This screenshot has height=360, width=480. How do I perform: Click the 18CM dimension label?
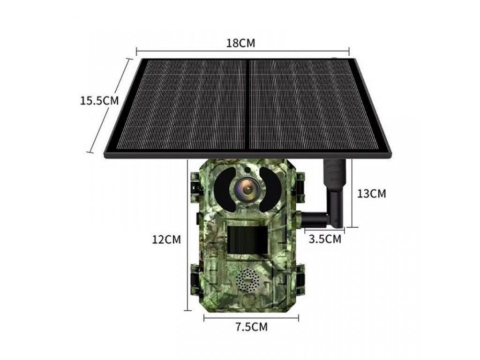[x=240, y=43]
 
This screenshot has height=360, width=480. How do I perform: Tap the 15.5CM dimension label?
[x=99, y=100]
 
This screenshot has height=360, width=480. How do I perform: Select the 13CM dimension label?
[x=372, y=194]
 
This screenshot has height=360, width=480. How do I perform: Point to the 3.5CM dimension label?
[x=325, y=239]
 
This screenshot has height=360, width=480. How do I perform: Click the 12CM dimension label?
[x=166, y=240]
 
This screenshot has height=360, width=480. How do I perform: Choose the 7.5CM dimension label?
[x=251, y=327]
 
